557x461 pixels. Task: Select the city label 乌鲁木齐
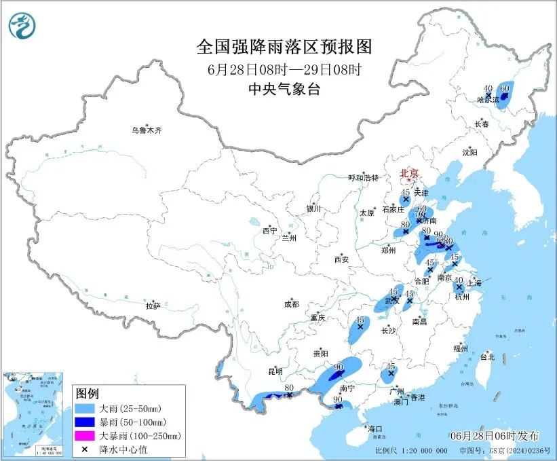[147, 130]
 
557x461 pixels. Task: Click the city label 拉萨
[153, 306]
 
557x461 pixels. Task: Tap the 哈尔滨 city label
[488, 100]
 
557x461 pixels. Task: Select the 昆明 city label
[275, 371]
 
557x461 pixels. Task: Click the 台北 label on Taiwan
[487, 357]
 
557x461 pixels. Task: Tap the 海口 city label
[375, 429]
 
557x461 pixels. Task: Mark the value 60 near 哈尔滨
[504, 88]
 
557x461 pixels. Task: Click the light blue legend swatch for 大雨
[86, 409]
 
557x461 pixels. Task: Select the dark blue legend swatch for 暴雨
[86, 422]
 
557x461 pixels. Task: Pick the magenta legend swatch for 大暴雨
[86, 436]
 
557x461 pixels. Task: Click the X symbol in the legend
[86, 449]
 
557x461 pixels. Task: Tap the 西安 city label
[341, 259]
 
